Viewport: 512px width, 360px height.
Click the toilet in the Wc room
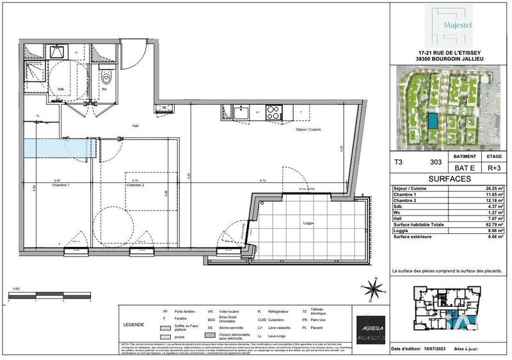pos(106,77)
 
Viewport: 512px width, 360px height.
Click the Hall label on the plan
pos(136,126)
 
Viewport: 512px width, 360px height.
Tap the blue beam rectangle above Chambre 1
pos(55,146)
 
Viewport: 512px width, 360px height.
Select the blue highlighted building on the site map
pos(435,120)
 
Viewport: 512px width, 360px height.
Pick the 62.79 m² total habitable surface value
pos(491,224)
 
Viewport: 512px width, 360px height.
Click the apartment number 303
pos(436,164)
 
